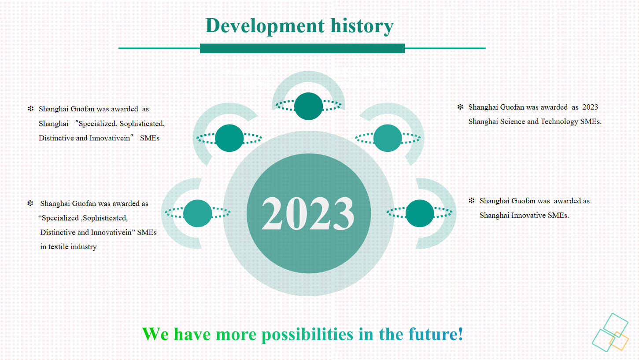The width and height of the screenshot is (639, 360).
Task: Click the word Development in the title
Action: pyautogui.click(x=265, y=26)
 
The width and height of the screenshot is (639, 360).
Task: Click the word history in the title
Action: pyautogui.click(x=362, y=26)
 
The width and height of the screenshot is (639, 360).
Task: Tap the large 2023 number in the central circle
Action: pyautogui.click(x=308, y=213)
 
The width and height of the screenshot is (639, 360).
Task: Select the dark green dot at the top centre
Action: pyautogui.click(x=308, y=106)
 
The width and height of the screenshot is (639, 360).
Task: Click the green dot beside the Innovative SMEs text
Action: pyautogui.click(x=420, y=213)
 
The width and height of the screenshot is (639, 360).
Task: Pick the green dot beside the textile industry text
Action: pyautogui.click(x=198, y=213)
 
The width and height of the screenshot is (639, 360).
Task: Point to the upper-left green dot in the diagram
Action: pyautogui.click(x=229, y=138)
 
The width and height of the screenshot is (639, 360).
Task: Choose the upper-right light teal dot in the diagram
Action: pyautogui.click(x=388, y=138)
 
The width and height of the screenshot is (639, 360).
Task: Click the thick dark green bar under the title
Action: pyautogui.click(x=303, y=48)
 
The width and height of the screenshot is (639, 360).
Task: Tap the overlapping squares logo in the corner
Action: pyautogui.click(x=610, y=333)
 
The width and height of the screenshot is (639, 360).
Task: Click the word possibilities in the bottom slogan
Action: pyautogui.click(x=307, y=334)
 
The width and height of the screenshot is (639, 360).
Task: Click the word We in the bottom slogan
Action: pyautogui.click(x=155, y=334)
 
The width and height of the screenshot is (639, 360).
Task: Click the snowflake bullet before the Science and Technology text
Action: pyautogui.click(x=460, y=107)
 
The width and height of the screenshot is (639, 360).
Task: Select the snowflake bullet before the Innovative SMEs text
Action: pyautogui.click(x=472, y=201)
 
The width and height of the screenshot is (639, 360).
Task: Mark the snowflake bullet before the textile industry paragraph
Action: pyautogui.click(x=30, y=203)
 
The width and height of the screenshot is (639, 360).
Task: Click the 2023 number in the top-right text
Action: pyautogui.click(x=590, y=107)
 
